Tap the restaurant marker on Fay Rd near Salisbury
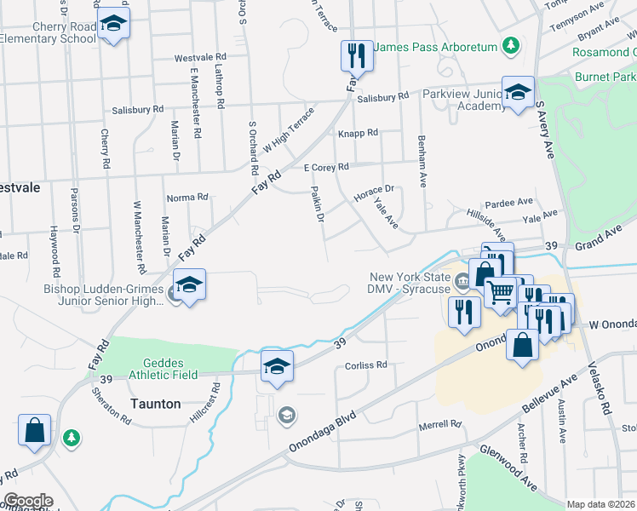(x=357, y=57)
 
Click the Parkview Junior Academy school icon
(x=517, y=94)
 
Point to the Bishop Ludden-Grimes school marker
(x=190, y=284)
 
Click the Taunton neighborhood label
(x=155, y=404)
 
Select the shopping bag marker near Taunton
(x=34, y=430)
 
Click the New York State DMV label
(x=407, y=284)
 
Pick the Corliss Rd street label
(x=366, y=365)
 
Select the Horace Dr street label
(x=374, y=192)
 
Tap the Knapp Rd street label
(x=358, y=134)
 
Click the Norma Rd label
(x=187, y=197)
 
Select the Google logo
(x=27, y=501)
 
